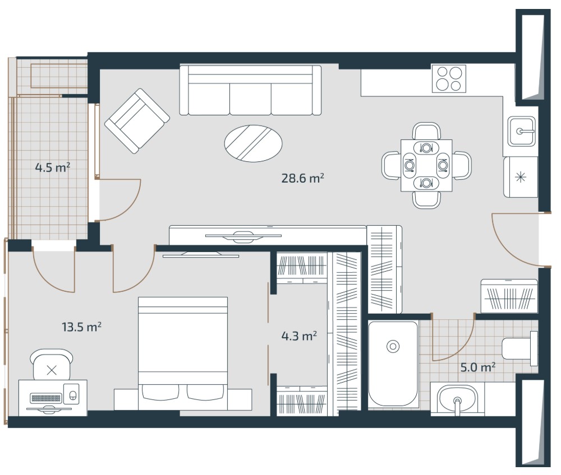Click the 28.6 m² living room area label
[303, 178]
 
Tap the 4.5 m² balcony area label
[53, 167]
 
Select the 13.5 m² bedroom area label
[81, 327]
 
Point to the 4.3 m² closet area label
[299, 336]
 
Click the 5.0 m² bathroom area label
[477, 367]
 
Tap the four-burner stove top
[449, 78]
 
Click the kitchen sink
[522, 131]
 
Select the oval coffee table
[254, 143]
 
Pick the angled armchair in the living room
[137, 121]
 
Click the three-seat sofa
[250, 90]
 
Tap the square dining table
[426, 165]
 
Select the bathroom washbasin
[457, 399]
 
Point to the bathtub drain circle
[393, 346]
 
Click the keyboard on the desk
[46, 398]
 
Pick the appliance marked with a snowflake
[521, 177]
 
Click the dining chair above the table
[426, 132]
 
